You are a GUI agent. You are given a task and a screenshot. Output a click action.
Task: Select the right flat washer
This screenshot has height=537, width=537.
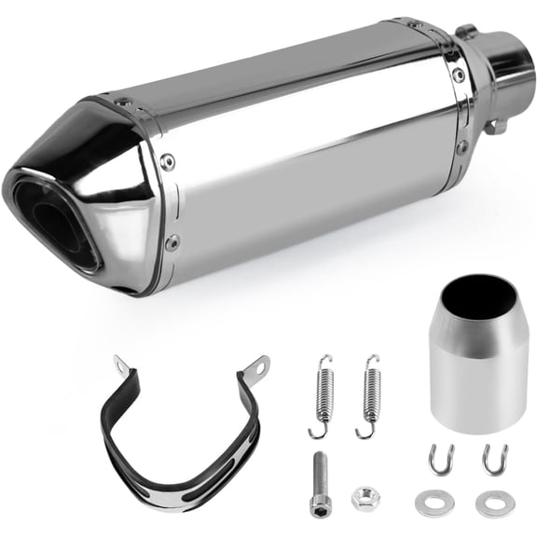click(x=491, y=503)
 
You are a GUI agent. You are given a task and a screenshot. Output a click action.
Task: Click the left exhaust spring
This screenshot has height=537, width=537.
click(x=322, y=395)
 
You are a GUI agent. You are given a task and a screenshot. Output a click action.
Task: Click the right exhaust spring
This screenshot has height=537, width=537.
click(x=370, y=395)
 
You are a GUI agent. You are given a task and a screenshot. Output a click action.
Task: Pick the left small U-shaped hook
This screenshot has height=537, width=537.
click(x=438, y=460)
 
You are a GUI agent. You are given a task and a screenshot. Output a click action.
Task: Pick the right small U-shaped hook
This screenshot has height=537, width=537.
click(x=493, y=460)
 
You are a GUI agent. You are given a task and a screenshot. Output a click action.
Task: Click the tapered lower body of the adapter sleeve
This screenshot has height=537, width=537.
click(x=477, y=382)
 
